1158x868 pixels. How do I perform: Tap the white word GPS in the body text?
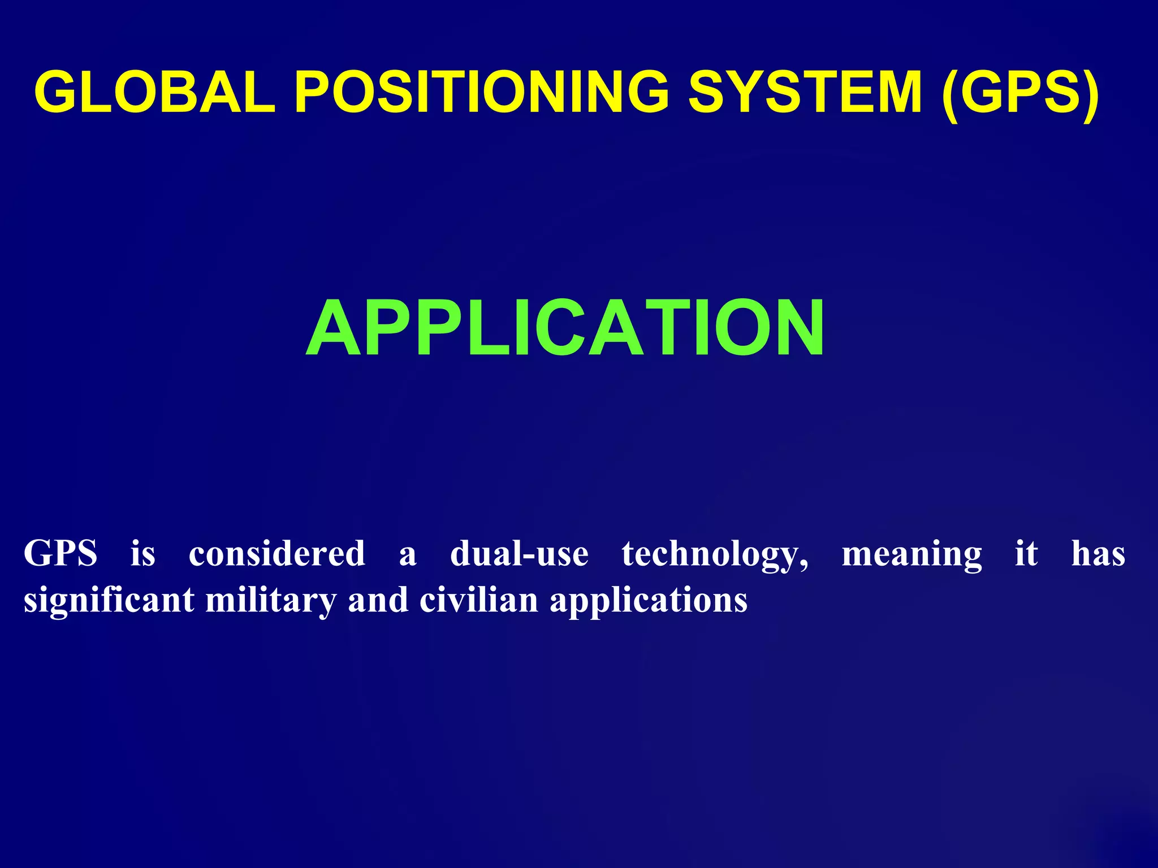tap(61, 553)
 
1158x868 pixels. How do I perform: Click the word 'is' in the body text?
tap(143, 553)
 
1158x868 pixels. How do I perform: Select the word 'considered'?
tap(277, 553)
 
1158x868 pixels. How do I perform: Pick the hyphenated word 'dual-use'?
tap(519, 553)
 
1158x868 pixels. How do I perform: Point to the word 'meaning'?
tap(912, 554)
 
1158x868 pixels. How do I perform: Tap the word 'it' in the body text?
tap(1026, 553)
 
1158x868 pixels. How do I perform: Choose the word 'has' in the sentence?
tap(1098, 553)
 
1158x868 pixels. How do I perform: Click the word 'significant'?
tap(109, 600)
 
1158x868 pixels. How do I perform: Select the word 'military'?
tap(271, 600)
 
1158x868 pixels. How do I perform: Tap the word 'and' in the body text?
tap(378, 600)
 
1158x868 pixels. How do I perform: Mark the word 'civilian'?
tap(478, 600)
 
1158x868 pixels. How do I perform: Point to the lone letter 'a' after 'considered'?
tap(408, 555)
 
